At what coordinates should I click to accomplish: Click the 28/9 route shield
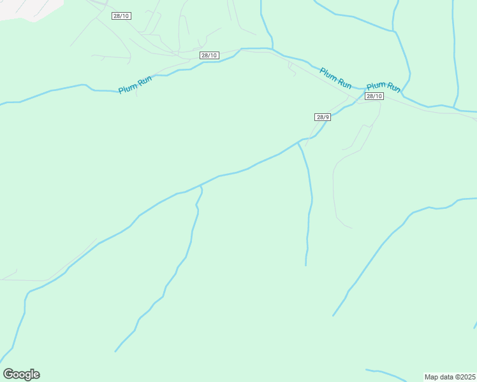tap(323, 117)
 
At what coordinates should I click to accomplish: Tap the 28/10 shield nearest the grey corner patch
tap(121, 15)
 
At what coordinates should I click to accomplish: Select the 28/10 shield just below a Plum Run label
tap(374, 96)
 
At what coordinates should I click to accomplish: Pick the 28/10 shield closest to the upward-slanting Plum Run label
tap(209, 55)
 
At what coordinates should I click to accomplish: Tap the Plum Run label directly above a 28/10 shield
tap(383, 86)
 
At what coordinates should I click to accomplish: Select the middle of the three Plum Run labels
tap(335, 78)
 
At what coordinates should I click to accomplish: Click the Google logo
tap(21, 374)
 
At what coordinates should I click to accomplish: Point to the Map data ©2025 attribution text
tap(450, 377)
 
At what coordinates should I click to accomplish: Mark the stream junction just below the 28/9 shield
tap(298, 143)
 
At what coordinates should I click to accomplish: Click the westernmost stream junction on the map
tap(201, 185)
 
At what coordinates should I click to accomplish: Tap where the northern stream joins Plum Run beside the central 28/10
tap(273, 48)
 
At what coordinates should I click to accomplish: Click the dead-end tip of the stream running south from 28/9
tap(306, 265)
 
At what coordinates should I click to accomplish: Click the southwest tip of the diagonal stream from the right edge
tap(333, 316)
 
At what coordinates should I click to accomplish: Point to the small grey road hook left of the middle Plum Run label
tap(291, 69)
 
